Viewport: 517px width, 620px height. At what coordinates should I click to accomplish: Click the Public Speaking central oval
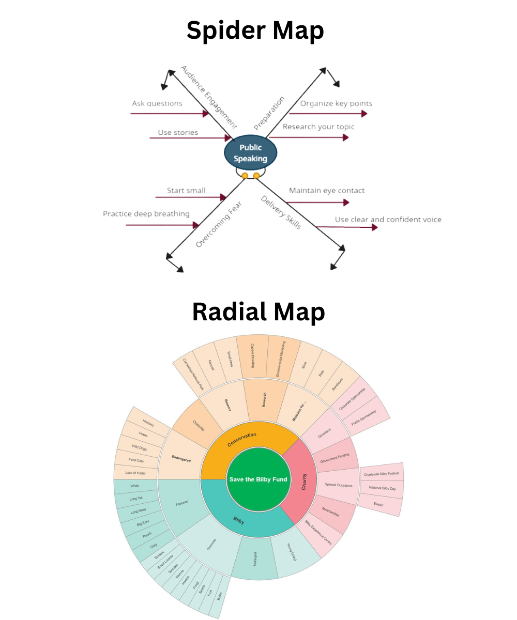(250, 153)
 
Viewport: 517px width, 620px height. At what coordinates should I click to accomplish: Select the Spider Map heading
(255, 30)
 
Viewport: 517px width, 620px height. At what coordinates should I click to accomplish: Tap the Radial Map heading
(258, 312)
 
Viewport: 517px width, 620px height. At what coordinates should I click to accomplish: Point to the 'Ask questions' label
(157, 103)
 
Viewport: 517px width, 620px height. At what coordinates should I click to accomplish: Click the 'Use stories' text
(178, 132)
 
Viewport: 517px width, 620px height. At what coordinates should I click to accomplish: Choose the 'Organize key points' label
(336, 103)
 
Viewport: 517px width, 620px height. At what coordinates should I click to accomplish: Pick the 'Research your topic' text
(318, 127)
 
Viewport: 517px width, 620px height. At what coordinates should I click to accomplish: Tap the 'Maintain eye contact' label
(327, 191)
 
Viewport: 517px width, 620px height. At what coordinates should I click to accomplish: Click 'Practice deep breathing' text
(146, 213)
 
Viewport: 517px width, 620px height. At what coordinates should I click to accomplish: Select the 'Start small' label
(186, 191)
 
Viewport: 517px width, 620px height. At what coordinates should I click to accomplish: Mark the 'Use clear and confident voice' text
(388, 220)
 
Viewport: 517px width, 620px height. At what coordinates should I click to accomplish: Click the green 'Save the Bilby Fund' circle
(257, 479)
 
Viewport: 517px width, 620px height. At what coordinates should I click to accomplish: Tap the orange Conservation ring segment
(241, 437)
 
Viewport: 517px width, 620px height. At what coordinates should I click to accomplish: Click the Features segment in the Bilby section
(182, 502)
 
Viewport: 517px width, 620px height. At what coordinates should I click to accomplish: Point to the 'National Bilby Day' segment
(382, 488)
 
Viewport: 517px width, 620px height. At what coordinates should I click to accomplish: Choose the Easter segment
(379, 504)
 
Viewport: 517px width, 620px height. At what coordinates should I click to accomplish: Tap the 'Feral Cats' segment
(136, 460)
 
